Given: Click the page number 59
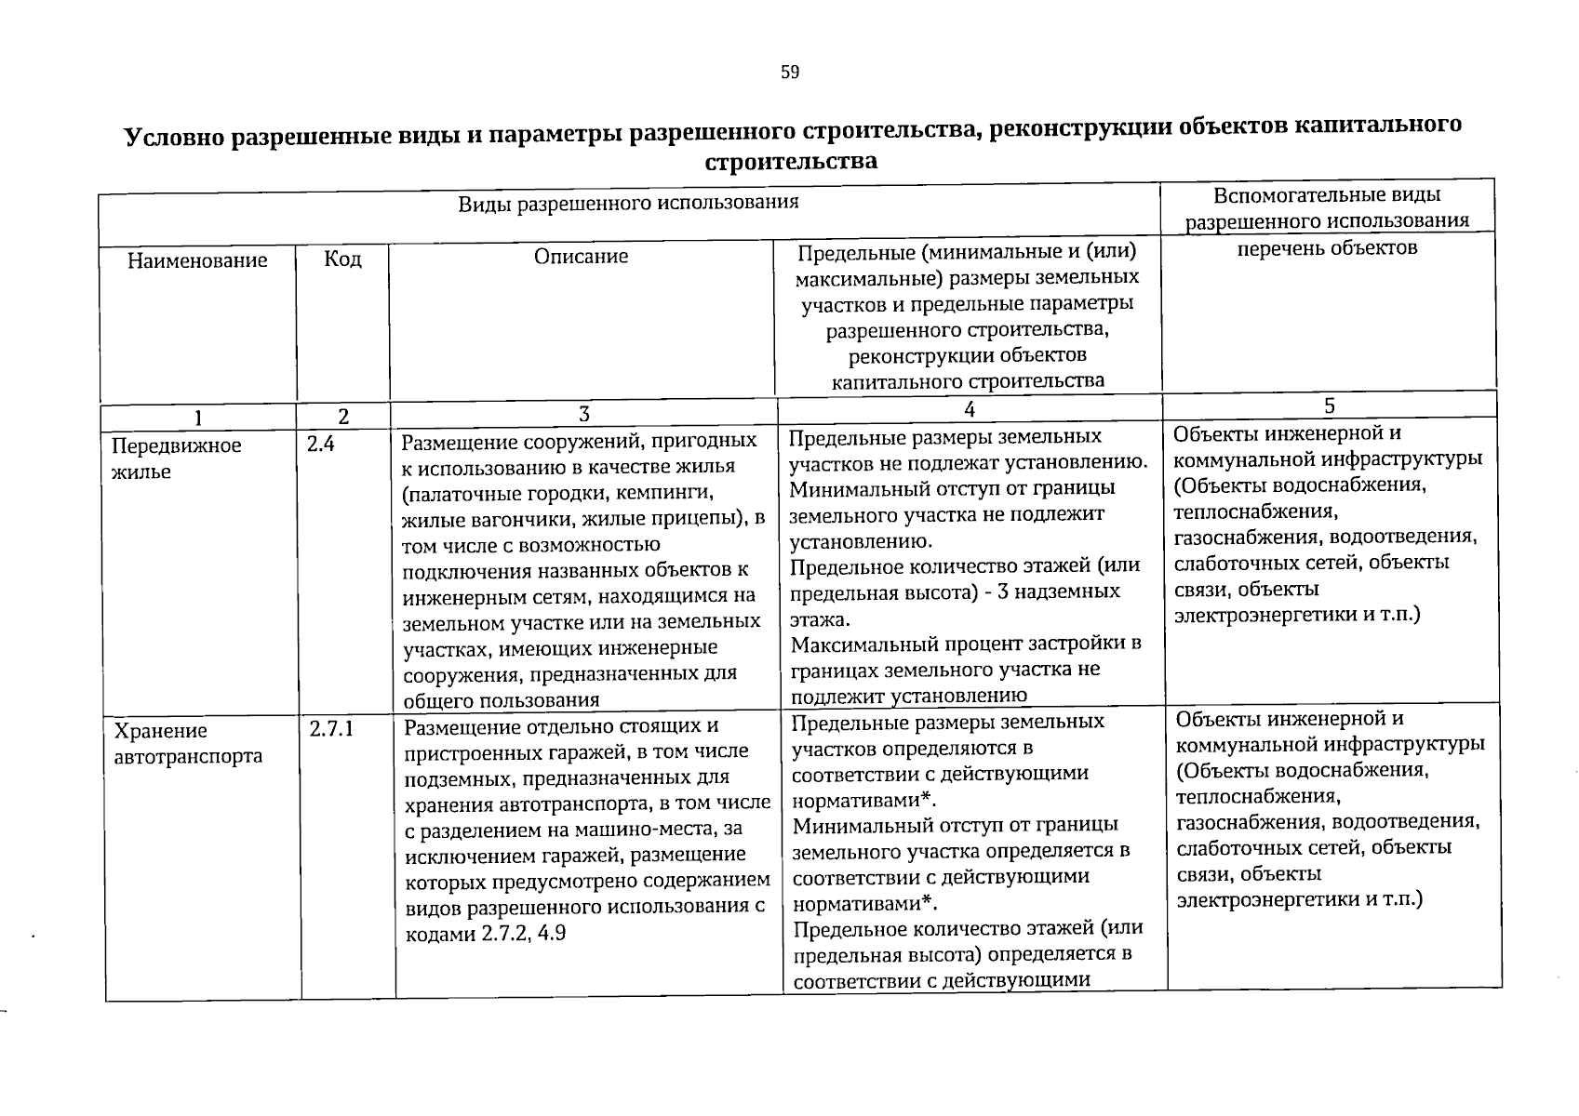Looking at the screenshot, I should tap(790, 73).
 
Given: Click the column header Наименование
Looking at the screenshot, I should tap(197, 260).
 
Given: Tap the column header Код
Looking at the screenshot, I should tap(342, 259).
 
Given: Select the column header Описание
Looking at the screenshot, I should tap(581, 256).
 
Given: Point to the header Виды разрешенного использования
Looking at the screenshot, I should tap(628, 202).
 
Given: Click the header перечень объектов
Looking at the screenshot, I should tap(1327, 247).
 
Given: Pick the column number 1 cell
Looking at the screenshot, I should tap(197, 417).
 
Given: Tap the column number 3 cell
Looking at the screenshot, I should tap(583, 414).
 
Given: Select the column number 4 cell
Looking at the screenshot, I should tap(970, 409).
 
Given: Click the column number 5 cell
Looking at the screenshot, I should tap(1330, 405).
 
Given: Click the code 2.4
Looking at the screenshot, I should tap(320, 445).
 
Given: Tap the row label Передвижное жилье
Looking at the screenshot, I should tap(176, 458).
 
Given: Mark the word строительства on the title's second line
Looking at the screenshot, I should tap(791, 162).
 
